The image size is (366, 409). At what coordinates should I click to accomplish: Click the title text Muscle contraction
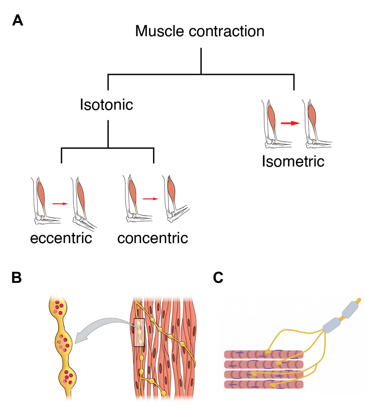coord(200,31)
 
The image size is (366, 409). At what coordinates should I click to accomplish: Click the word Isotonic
coord(106,104)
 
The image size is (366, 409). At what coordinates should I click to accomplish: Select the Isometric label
coord(293,161)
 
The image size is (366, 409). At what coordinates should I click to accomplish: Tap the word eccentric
coord(61,238)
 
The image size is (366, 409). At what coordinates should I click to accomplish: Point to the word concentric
coord(152,238)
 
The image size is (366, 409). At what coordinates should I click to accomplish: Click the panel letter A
coord(18,20)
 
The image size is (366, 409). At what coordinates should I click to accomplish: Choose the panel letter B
coord(17,277)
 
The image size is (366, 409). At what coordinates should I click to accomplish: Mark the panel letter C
coord(218,277)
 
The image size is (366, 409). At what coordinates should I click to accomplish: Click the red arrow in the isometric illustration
coord(290,123)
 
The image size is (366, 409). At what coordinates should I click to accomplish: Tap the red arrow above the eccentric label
coord(60,204)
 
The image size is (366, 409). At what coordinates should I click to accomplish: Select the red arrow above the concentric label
coord(150,199)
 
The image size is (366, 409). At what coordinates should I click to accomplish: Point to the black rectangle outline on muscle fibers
coord(139,332)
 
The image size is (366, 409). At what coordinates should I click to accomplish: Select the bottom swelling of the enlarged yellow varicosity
coord(67,377)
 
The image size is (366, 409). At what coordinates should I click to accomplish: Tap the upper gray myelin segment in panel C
coord(350,309)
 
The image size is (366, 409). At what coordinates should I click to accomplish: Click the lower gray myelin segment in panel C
coord(331,325)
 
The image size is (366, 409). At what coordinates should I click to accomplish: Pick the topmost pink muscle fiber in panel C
coord(263,354)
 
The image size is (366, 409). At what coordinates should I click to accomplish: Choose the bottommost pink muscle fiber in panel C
coord(263,385)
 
